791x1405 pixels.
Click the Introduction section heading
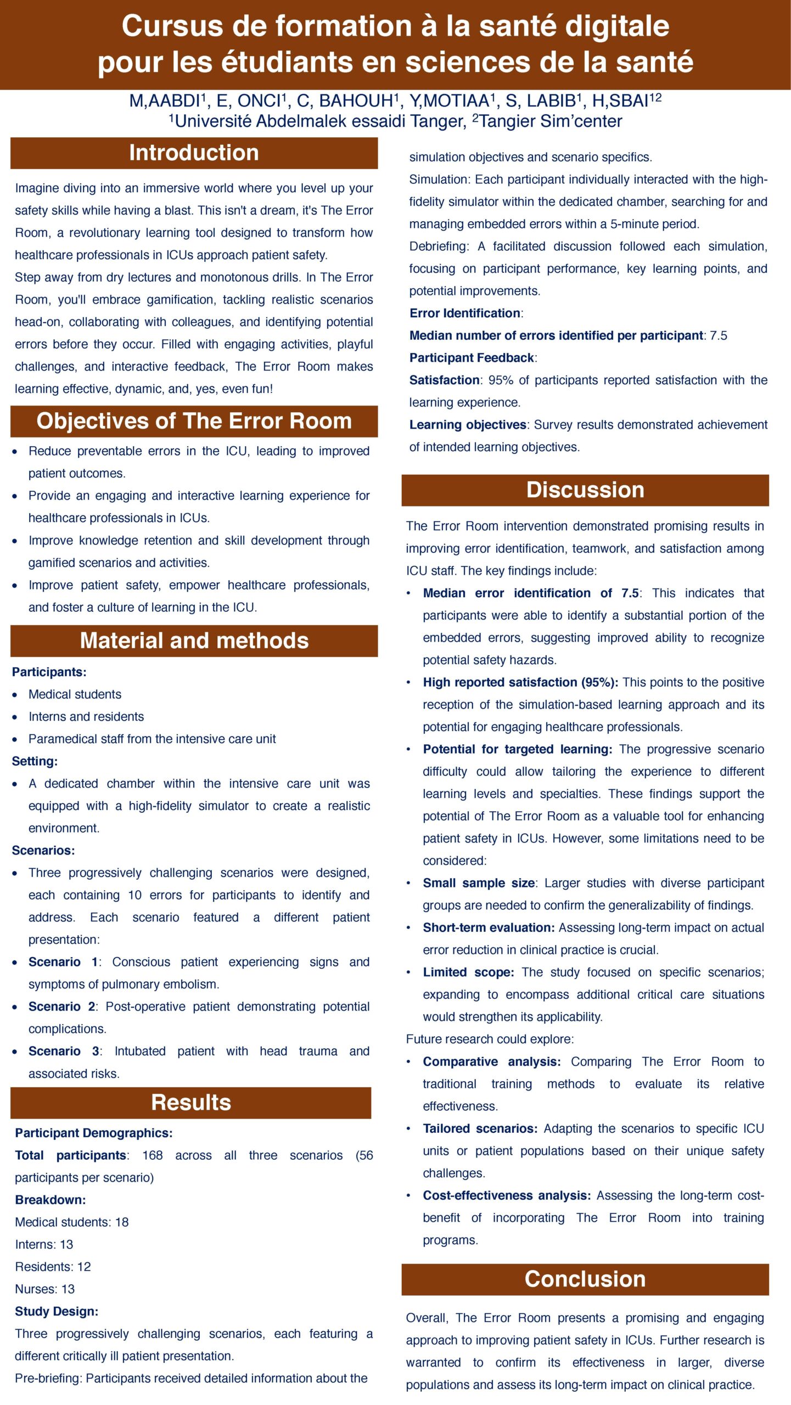click(x=194, y=153)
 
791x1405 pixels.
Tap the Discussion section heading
click(x=585, y=490)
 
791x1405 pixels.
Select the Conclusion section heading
click(x=585, y=1279)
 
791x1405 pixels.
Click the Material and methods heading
click(x=194, y=640)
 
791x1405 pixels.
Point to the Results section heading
click(x=190, y=1102)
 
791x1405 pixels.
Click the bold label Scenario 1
click(x=63, y=962)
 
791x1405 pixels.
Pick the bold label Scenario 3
click(x=64, y=1051)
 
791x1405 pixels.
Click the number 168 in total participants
click(x=152, y=1155)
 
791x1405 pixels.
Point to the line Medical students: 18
click(x=72, y=1222)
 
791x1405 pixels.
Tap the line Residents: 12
click(x=53, y=1267)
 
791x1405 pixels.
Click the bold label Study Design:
click(x=57, y=1311)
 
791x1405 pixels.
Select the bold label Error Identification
click(x=465, y=313)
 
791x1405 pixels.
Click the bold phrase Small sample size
click(x=479, y=883)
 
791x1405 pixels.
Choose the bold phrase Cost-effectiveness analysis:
click(x=507, y=1195)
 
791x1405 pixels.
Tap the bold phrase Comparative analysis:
click(x=492, y=1061)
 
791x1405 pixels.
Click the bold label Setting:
click(x=35, y=761)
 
